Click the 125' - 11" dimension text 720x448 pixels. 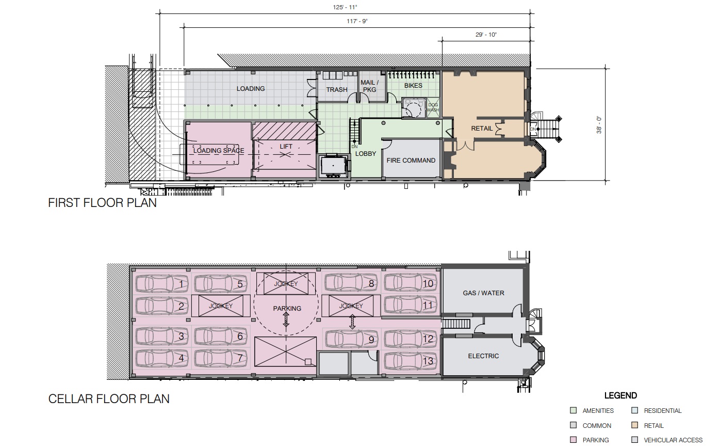click(345, 7)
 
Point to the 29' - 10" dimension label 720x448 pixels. click(486, 35)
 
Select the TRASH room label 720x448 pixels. click(337, 89)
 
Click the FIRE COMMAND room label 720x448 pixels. click(411, 160)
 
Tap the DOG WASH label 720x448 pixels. click(433, 107)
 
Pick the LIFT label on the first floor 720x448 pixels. click(286, 147)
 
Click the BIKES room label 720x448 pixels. click(413, 86)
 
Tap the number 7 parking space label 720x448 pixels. click(240, 358)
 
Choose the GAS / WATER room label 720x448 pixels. click(483, 293)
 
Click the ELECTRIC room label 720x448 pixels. click(483, 356)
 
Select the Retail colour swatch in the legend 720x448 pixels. click(635, 425)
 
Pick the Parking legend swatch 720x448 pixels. click(573, 440)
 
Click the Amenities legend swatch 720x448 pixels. click(573, 410)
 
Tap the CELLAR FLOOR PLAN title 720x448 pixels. click(109, 399)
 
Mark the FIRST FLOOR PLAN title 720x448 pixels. click(102, 203)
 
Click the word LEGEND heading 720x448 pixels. click(620, 395)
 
